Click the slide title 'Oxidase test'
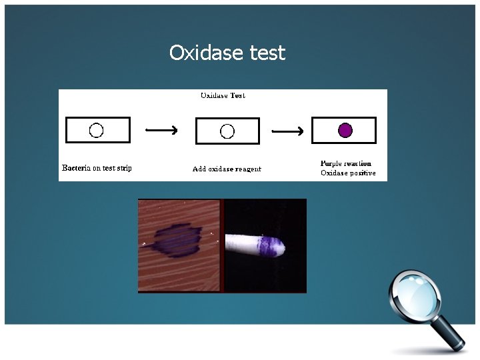point(227,53)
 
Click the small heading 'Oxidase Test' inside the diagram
point(223,95)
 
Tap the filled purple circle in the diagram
point(345,130)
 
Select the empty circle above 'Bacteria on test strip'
point(96,130)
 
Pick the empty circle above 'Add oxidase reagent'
point(227,131)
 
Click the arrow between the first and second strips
point(162,130)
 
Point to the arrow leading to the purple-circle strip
point(290,131)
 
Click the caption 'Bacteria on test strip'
point(97,168)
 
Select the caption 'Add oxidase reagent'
point(227,169)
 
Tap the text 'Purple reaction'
point(346,163)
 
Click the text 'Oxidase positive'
point(348,173)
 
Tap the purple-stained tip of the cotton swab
point(271,246)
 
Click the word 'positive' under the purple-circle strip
point(362,173)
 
